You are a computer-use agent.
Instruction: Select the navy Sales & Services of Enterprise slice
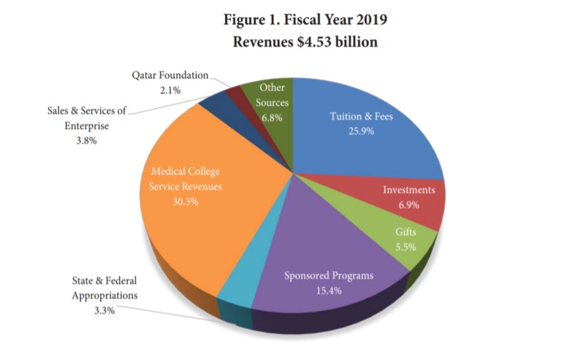pyautogui.click(x=215, y=105)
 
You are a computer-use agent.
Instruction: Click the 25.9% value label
pyautogui.click(x=361, y=132)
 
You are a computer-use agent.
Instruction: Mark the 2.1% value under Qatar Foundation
pyautogui.click(x=169, y=90)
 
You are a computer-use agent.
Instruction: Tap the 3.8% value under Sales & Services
pyautogui.click(x=86, y=141)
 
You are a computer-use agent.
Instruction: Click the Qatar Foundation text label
pyautogui.click(x=169, y=75)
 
